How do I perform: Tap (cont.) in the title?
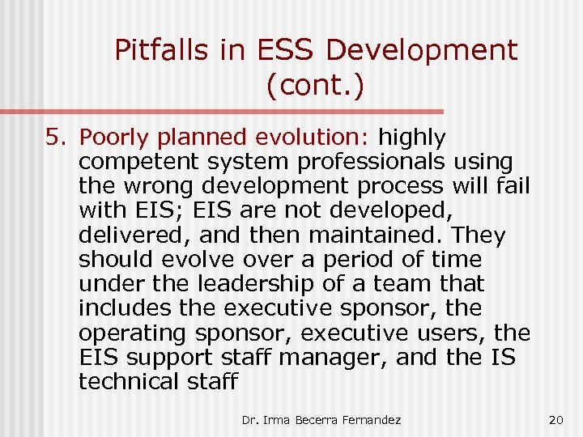coord(314,85)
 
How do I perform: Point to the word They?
coord(479,235)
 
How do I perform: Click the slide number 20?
coord(555,418)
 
